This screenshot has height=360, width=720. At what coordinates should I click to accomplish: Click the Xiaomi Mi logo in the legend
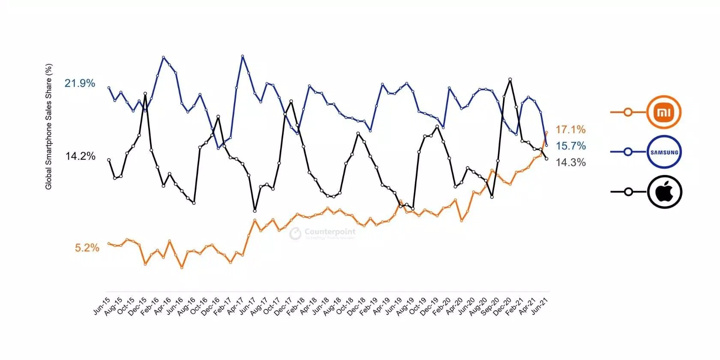(x=664, y=112)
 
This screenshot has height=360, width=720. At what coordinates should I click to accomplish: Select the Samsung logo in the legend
(x=664, y=152)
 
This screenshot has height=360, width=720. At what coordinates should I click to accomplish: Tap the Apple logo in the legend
(x=664, y=192)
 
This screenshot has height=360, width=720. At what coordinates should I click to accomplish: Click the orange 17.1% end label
(x=570, y=129)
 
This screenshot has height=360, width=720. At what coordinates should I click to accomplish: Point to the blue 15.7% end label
(x=570, y=146)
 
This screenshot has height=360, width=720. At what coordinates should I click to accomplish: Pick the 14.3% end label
(x=570, y=162)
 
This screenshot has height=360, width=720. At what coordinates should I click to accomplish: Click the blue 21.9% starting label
(x=80, y=83)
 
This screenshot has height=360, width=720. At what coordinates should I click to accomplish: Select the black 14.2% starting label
(x=80, y=156)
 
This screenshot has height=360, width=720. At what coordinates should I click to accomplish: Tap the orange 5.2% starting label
(x=87, y=248)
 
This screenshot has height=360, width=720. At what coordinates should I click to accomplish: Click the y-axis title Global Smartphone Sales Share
(x=48, y=127)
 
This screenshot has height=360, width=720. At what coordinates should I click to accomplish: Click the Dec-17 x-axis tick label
(x=283, y=306)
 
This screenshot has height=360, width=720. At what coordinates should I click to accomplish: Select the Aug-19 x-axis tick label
(x=405, y=306)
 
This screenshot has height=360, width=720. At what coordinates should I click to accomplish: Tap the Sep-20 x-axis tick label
(x=490, y=306)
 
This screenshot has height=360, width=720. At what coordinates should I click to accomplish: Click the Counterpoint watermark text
(x=330, y=232)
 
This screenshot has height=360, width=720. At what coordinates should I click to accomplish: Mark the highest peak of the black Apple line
(x=510, y=79)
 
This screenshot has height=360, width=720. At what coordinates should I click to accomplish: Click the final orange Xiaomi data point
(x=546, y=132)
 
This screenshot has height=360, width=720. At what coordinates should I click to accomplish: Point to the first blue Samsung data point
(x=109, y=88)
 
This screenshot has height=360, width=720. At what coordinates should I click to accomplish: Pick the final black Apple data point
(x=546, y=159)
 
